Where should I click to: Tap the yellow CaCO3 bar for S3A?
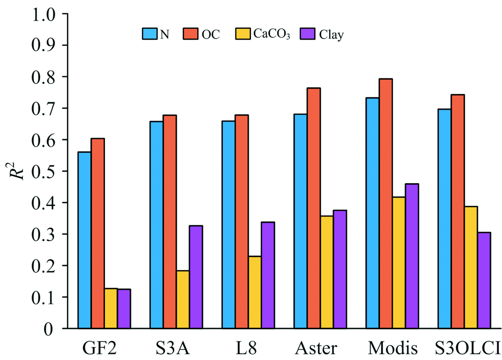(183, 299)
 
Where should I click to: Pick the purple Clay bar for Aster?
(340, 269)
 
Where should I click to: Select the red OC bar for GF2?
(97, 233)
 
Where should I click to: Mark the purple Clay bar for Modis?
(412, 256)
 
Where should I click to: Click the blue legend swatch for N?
(149, 34)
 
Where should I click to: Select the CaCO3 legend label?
(272, 35)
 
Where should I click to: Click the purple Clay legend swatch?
(307, 34)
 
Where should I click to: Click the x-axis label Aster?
(316, 347)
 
